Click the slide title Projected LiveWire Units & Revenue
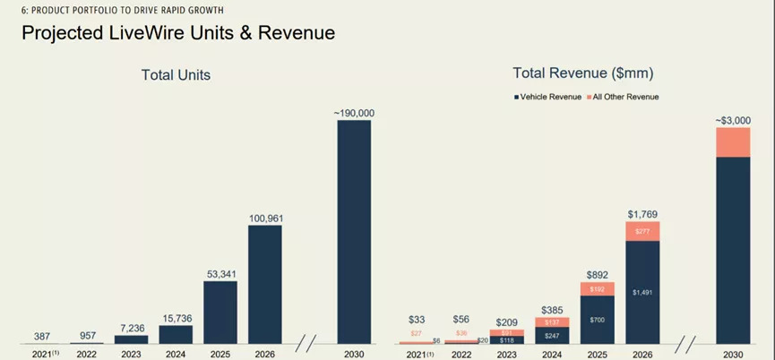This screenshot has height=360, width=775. click(177, 34)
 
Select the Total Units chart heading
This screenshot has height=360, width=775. click(176, 75)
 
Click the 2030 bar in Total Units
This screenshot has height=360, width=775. click(354, 233)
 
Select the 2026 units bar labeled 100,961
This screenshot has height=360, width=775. click(265, 285)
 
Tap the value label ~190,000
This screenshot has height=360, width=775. click(354, 113)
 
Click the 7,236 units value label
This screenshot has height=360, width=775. click(132, 329)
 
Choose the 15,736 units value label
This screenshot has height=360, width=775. click(176, 318)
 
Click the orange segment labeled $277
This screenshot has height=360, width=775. click(642, 231)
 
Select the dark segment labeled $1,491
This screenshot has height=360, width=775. click(642, 292)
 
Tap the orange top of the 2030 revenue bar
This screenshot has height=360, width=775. click(733, 142)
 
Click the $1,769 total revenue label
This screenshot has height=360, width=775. click(642, 213)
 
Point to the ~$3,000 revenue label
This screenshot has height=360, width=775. click(733, 120)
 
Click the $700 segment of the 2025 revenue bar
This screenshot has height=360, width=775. click(598, 320)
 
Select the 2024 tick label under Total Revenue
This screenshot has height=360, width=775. click(552, 355)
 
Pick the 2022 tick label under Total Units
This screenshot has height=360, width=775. click(87, 355)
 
